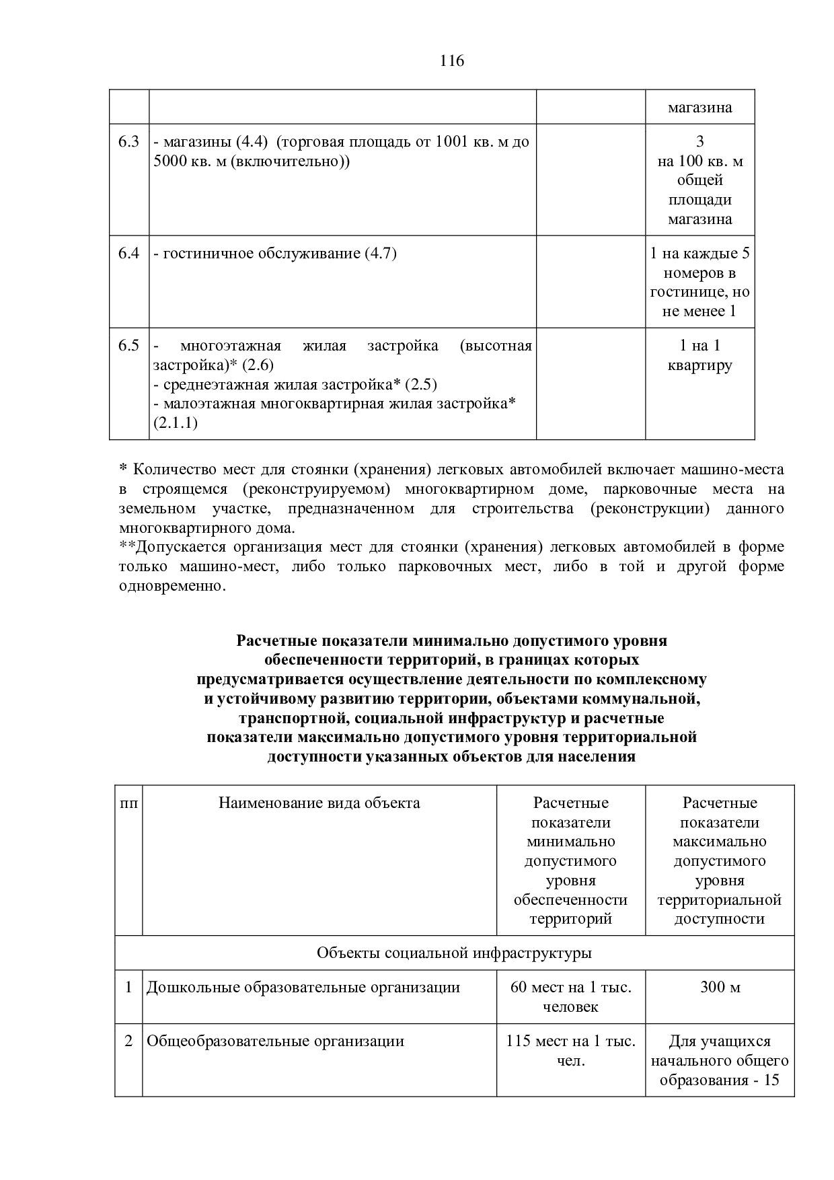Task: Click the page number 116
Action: [452, 61]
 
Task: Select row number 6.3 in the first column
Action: [128, 142]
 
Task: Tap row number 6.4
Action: [128, 254]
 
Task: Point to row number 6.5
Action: [128, 346]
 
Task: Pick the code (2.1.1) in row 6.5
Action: [175, 423]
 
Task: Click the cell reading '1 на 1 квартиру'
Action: [699, 355]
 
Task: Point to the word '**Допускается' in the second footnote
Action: [165, 547]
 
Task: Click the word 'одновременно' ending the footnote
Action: [171, 586]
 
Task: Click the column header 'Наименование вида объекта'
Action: [319, 803]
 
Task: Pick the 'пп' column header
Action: [128, 803]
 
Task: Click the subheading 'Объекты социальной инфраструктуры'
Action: [454, 953]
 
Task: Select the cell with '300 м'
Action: [720, 988]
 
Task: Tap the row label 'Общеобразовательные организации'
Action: [275, 1041]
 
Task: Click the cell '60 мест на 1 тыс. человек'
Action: [570, 997]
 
